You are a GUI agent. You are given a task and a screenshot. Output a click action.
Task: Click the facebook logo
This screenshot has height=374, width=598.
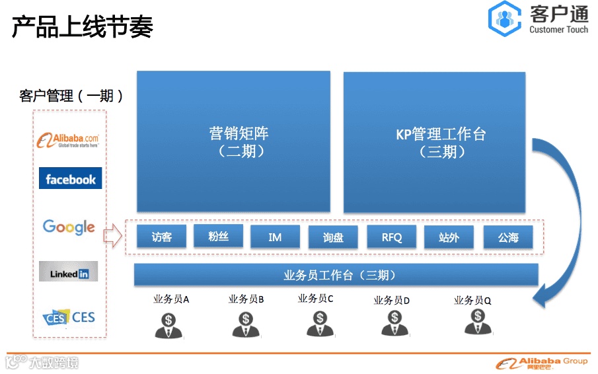pyautogui.click(x=70, y=178)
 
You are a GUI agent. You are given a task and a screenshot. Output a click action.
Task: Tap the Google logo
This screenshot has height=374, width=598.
pyautogui.click(x=69, y=227)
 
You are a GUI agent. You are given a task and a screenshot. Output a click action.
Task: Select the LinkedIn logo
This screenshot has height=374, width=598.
pyautogui.click(x=69, y=272)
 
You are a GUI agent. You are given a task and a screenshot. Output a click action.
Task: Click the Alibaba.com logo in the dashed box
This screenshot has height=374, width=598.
pyautogui.click(x=69, y=139)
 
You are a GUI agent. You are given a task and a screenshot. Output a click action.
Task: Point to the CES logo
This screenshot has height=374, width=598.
pyautogui.click(x=69, y=318)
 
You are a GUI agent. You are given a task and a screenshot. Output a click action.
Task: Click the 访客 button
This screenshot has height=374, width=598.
pyautogui.click(x=161, y=237)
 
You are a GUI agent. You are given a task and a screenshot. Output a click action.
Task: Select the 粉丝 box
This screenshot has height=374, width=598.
pyautogui.click(x=218, y=235)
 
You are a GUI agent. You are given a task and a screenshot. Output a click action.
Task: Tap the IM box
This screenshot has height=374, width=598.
pyautogui.click(x=275, y=237)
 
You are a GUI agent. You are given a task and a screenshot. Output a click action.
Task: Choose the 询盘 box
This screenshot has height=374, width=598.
pyautogui.click(x=332, y=237)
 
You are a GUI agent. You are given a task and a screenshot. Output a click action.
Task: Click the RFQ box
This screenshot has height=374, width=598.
pyautogui.click(x=391, y=237)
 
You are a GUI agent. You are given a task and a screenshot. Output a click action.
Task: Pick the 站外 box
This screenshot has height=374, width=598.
pyautogui.click(x=449, y=237)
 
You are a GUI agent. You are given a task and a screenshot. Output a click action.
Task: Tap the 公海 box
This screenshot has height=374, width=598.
pyautogui.click(x=507, y=237)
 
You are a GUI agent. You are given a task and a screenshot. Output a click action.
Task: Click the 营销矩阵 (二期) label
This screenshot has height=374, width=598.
pyautogui.click(x=233, y=142)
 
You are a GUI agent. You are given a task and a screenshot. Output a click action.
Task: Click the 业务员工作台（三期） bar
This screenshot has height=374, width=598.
pyautogui.click(x=336, y=275)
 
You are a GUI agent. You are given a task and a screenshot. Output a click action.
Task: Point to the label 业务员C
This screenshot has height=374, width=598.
pyautogui.click(x=315, y=299)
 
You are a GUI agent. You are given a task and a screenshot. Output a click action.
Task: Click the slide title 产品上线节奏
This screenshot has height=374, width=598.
pyautogui.click(x=83, y=27)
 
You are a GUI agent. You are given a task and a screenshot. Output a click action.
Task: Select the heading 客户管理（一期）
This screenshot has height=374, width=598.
pyautogui.click(x=71, y=96)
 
